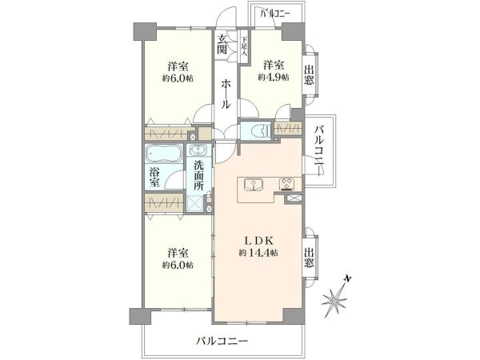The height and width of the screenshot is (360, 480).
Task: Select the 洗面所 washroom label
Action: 199,175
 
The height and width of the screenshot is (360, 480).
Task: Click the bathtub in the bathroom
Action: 164,154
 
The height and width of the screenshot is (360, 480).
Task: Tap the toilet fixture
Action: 258,130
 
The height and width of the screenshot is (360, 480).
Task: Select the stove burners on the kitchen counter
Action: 286,184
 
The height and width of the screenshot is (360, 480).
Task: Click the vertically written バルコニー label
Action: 319,150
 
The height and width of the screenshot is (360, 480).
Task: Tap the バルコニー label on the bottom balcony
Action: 222,342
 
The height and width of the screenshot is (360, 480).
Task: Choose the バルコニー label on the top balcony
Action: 275,14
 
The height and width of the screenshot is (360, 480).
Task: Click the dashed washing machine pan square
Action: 197,203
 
